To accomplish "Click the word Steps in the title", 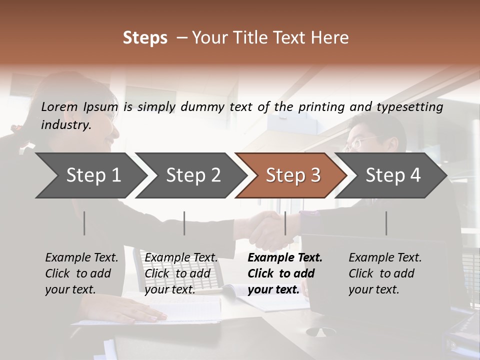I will click(x=145, y=38).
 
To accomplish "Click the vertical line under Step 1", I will click(x=84, y=223).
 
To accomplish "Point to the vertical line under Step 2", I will click(x=184, y=223).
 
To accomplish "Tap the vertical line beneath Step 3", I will click(x=285, y=223).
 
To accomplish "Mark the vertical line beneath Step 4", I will click(x=386, y=223).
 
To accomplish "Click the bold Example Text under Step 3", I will click(x=285, y=273).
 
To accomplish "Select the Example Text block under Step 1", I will click(x=81, y=273).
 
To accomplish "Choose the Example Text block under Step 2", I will click(x=181, y=273).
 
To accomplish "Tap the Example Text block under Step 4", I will click(x=385, y=273).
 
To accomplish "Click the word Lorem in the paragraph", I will click(x=59, y=106).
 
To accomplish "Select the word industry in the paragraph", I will click(x=65, y=125).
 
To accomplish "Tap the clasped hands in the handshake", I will click(x=270, y=229).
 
